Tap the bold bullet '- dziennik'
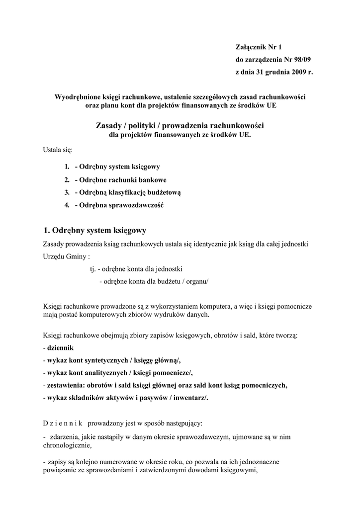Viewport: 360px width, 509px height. click(59, 348)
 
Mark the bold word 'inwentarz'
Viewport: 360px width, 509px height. click(190, 398)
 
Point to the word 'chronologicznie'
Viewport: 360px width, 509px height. click(67, 445)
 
